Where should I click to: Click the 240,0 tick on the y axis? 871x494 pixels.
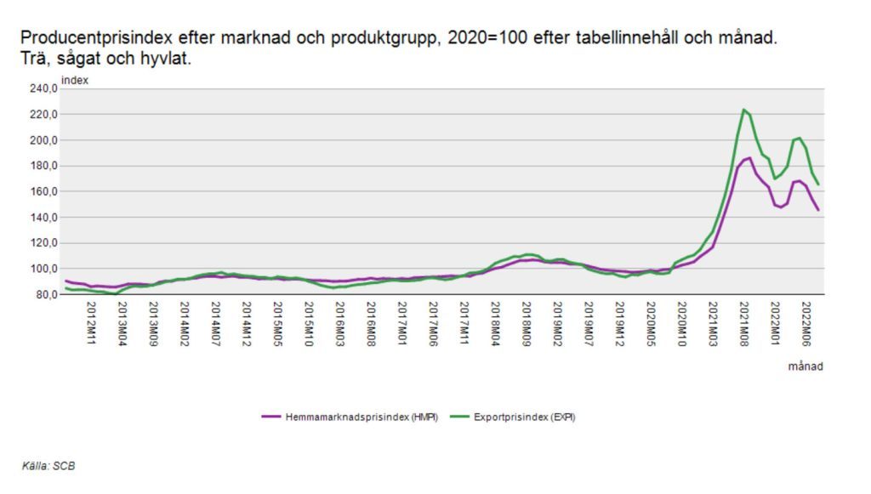coord(43,88)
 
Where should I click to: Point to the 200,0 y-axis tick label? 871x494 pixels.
coord(43,140)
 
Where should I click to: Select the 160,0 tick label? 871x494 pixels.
coord(43,191)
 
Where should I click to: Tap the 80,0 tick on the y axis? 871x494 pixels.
coord(44,295)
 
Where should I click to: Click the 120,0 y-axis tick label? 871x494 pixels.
coord(43,243)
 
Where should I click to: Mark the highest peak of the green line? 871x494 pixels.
coord(743,110)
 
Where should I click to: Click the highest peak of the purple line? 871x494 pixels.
coord(749,158)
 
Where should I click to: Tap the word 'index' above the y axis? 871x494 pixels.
coord(75,80)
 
